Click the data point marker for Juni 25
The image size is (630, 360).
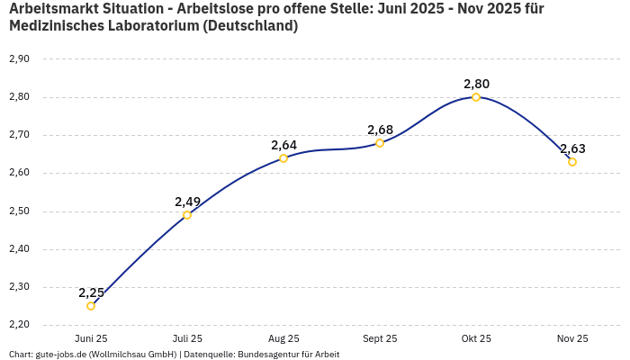91,306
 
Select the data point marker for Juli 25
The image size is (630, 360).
187,215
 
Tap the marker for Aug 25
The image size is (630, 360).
283,158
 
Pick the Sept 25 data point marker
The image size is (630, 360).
380,143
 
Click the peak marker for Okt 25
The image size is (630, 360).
476,97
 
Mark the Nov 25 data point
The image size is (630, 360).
572,162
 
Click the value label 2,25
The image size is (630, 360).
91,292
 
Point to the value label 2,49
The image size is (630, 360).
187,202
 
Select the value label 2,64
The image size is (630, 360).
283,145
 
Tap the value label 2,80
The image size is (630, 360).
476,84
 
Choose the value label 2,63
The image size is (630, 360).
572,148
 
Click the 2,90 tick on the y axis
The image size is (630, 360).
19,59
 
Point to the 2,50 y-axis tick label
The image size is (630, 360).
19,211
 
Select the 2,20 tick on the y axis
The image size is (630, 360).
19,325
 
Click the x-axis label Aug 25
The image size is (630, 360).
283,338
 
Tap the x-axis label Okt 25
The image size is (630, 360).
476,338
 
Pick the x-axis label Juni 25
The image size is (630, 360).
91,338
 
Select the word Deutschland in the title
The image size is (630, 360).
249,26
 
